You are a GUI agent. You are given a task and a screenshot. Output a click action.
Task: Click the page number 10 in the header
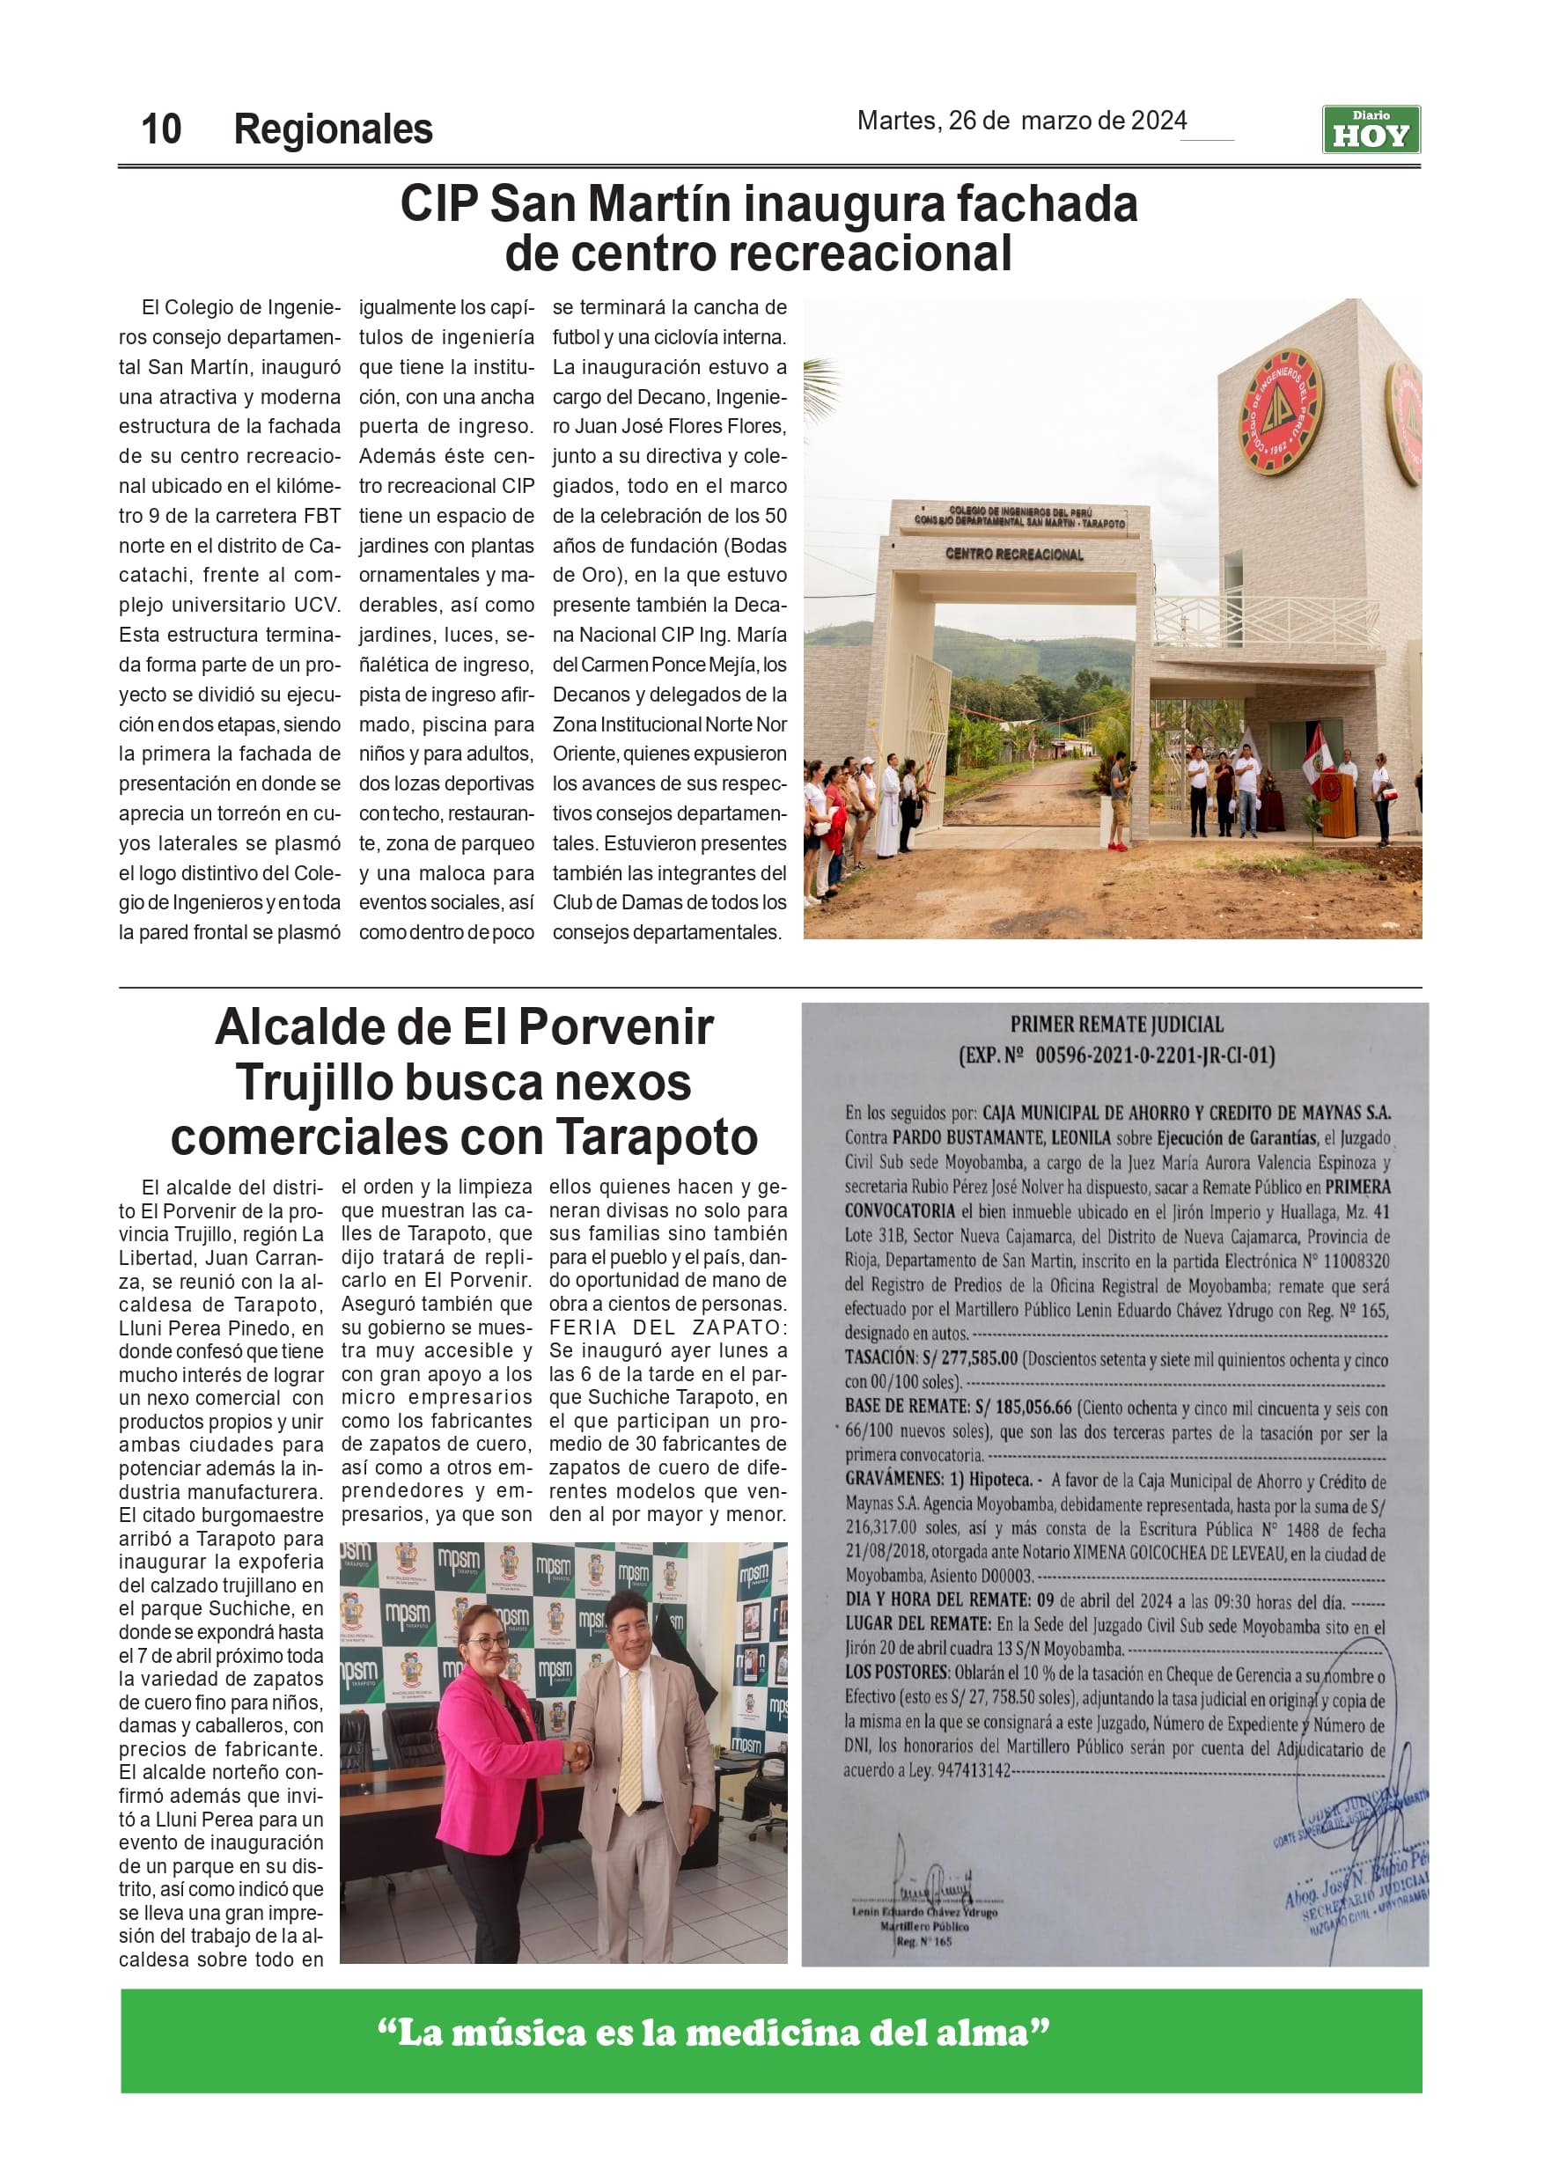(161, 129)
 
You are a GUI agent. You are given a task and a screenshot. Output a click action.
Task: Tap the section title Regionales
(333, 129)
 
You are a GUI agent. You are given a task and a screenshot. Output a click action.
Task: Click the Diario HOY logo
(1370, 129)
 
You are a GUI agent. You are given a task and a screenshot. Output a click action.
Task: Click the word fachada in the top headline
(1047, 203)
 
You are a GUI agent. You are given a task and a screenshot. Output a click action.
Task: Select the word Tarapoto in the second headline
(657, 1136)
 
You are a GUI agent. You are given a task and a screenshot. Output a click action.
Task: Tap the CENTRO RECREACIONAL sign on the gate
(1014, 554)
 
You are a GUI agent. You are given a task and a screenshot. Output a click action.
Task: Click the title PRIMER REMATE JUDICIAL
(1116, 1025)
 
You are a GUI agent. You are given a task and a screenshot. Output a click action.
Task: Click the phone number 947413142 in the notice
(974, 1770)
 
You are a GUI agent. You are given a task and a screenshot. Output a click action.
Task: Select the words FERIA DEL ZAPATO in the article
(666, 1327)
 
